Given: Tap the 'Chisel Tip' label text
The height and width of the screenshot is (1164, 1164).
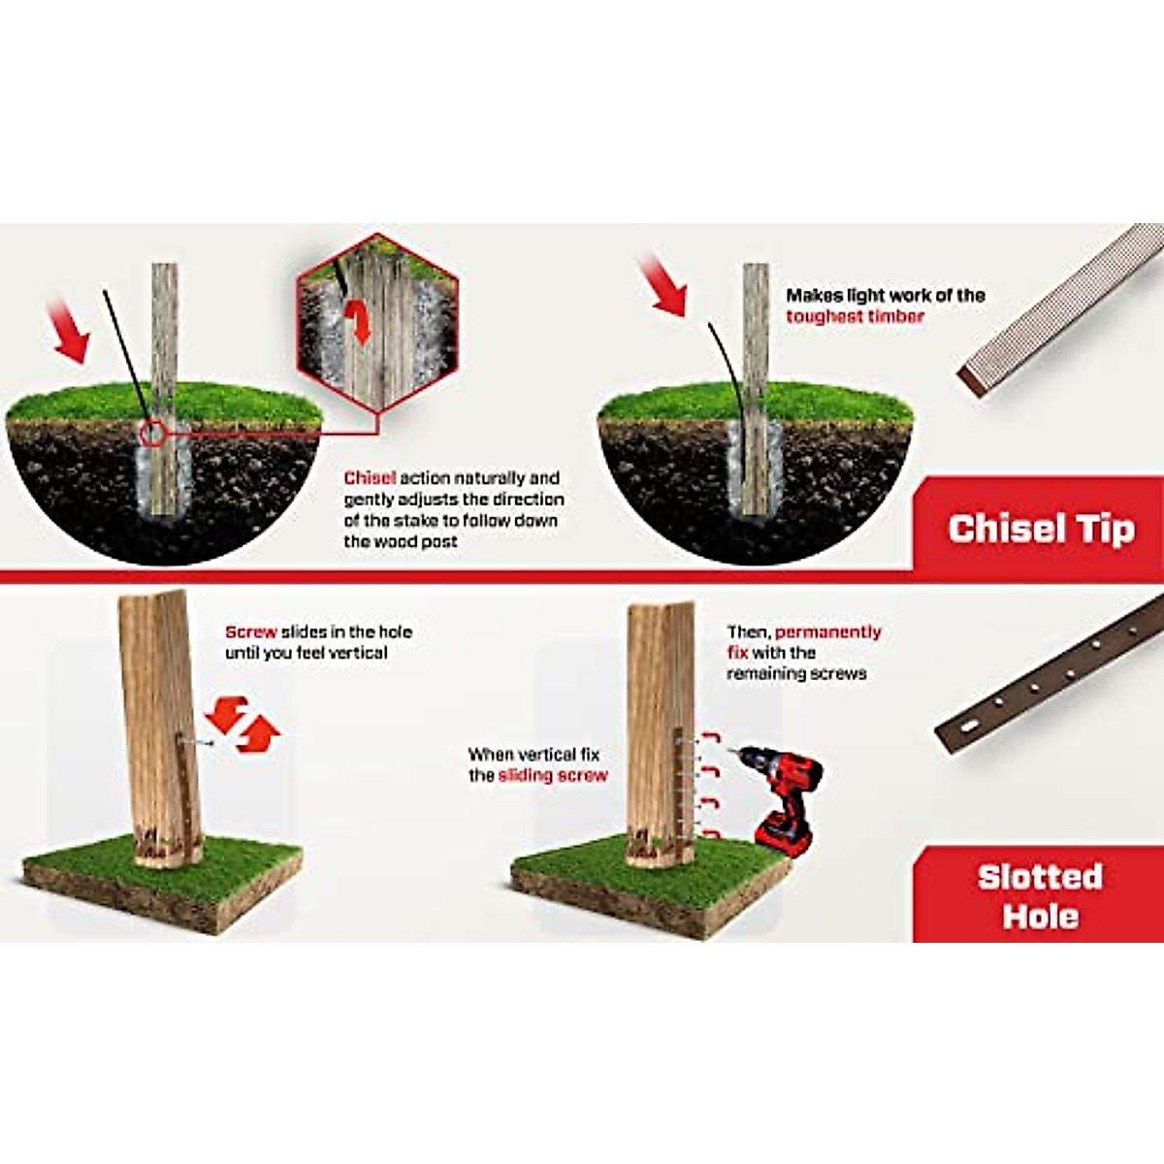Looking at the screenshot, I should tap(1041, 529).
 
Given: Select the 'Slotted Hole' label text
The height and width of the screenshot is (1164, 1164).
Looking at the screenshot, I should tap(1040, 896).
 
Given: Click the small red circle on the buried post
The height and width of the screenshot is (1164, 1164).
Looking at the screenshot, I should tap(151, 434).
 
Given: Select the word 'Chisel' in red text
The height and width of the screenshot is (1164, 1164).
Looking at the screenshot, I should tap(370, 478).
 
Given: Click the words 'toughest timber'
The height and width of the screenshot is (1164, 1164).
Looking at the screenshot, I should tap(855, 316).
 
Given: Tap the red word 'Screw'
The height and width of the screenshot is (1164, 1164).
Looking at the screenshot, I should tap(250, 631).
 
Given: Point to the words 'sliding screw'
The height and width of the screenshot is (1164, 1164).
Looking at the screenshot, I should tap(553, 775).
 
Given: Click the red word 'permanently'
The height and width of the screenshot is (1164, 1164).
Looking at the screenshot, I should tap(828, 632).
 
